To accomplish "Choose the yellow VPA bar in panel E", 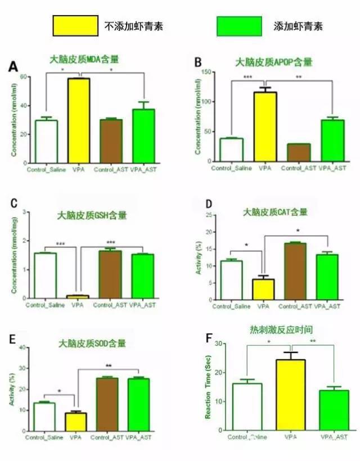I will pyautogui.click(x=77, y=422).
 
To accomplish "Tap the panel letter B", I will pyautogui.click(x=197, y=61).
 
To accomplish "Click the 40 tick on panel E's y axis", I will pyautogui.click(x=24, y=347).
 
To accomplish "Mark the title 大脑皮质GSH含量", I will pyautogui.click(x=85, y=214).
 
